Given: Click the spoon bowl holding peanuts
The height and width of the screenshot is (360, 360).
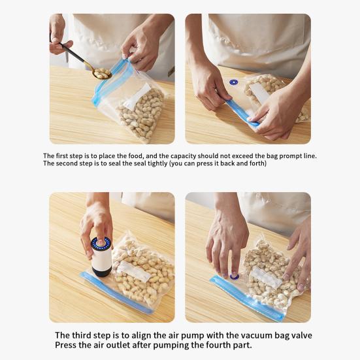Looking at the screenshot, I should click(x=102, y=73).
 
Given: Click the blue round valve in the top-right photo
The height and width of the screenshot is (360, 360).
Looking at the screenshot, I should click(x=233, y=82).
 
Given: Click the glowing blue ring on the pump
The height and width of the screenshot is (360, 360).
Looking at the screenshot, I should click(x=100, y=244).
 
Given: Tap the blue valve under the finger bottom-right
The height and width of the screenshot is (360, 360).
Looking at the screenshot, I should click(x=234, y=276).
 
